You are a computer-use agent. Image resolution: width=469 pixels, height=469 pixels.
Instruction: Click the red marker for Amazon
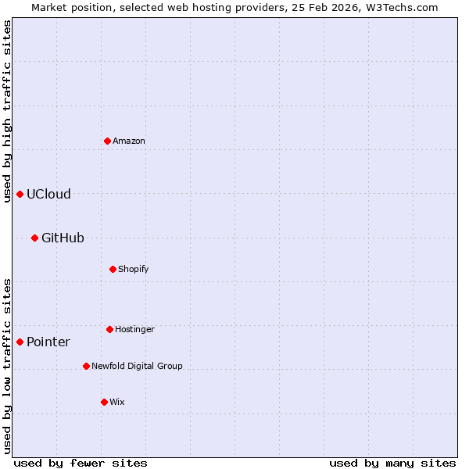(x=107, y=141)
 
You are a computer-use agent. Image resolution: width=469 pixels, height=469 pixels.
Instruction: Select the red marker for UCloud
(x=20, y=194)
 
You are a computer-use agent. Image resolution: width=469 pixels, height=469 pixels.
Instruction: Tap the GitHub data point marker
(x=34, y=238)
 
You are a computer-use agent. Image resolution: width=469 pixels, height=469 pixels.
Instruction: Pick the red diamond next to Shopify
(x=113, y=269)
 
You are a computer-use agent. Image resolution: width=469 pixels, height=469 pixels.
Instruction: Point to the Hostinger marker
(x=109, y=329)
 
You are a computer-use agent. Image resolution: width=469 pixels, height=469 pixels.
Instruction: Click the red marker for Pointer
(x=20, y=342)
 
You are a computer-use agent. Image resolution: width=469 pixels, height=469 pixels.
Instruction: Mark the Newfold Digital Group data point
(x=86, y=366)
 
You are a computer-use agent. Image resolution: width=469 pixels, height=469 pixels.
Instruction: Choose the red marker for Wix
(x=104, y=402)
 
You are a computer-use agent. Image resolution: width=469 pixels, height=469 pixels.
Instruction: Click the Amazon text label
(x=129, y=141)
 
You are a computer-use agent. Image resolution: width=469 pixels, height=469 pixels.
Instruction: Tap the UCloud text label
(x=48, y=195)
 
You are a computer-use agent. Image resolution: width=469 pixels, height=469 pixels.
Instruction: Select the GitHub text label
(x=63, y=238)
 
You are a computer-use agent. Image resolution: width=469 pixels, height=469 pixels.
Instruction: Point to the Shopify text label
(x=134, y=270)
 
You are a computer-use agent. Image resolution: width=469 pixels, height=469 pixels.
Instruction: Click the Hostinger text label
(x=134, y=330)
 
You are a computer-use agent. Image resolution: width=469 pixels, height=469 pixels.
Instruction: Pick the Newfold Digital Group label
(x=137, y=366)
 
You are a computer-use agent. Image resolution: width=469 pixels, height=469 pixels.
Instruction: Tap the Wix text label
(x=117, y=403)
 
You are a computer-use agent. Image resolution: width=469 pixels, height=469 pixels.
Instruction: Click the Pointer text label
(x=48, y=342)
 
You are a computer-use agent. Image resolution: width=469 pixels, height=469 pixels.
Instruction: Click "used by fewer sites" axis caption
(x=81, y=464)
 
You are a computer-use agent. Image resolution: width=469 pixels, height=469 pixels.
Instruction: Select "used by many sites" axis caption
(x=392, y=464)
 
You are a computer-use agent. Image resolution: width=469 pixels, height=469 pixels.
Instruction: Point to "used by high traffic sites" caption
(x=7, y=111)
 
